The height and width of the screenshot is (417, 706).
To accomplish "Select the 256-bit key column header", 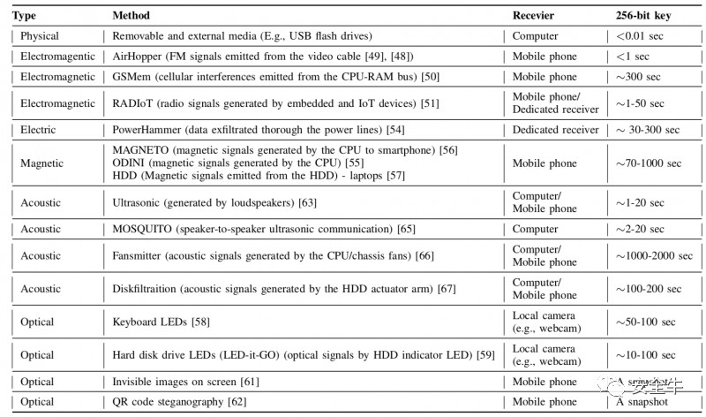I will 642,16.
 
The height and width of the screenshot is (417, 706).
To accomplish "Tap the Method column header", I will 131,16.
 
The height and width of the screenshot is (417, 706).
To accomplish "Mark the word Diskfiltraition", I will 148,289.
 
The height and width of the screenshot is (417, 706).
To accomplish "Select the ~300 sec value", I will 638,77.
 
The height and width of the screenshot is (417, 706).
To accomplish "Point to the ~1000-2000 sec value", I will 654,256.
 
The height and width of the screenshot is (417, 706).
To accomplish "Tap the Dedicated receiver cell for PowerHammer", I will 556,130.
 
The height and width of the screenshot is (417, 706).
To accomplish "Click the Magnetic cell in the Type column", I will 43,163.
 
